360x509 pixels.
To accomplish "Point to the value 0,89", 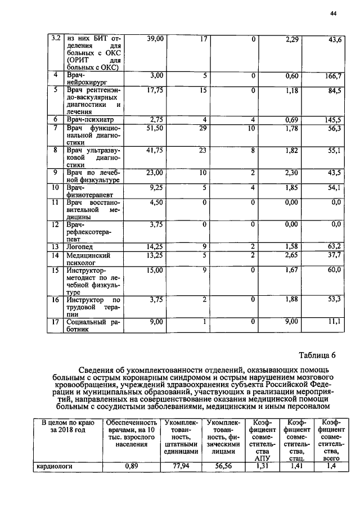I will click(131, 466).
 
